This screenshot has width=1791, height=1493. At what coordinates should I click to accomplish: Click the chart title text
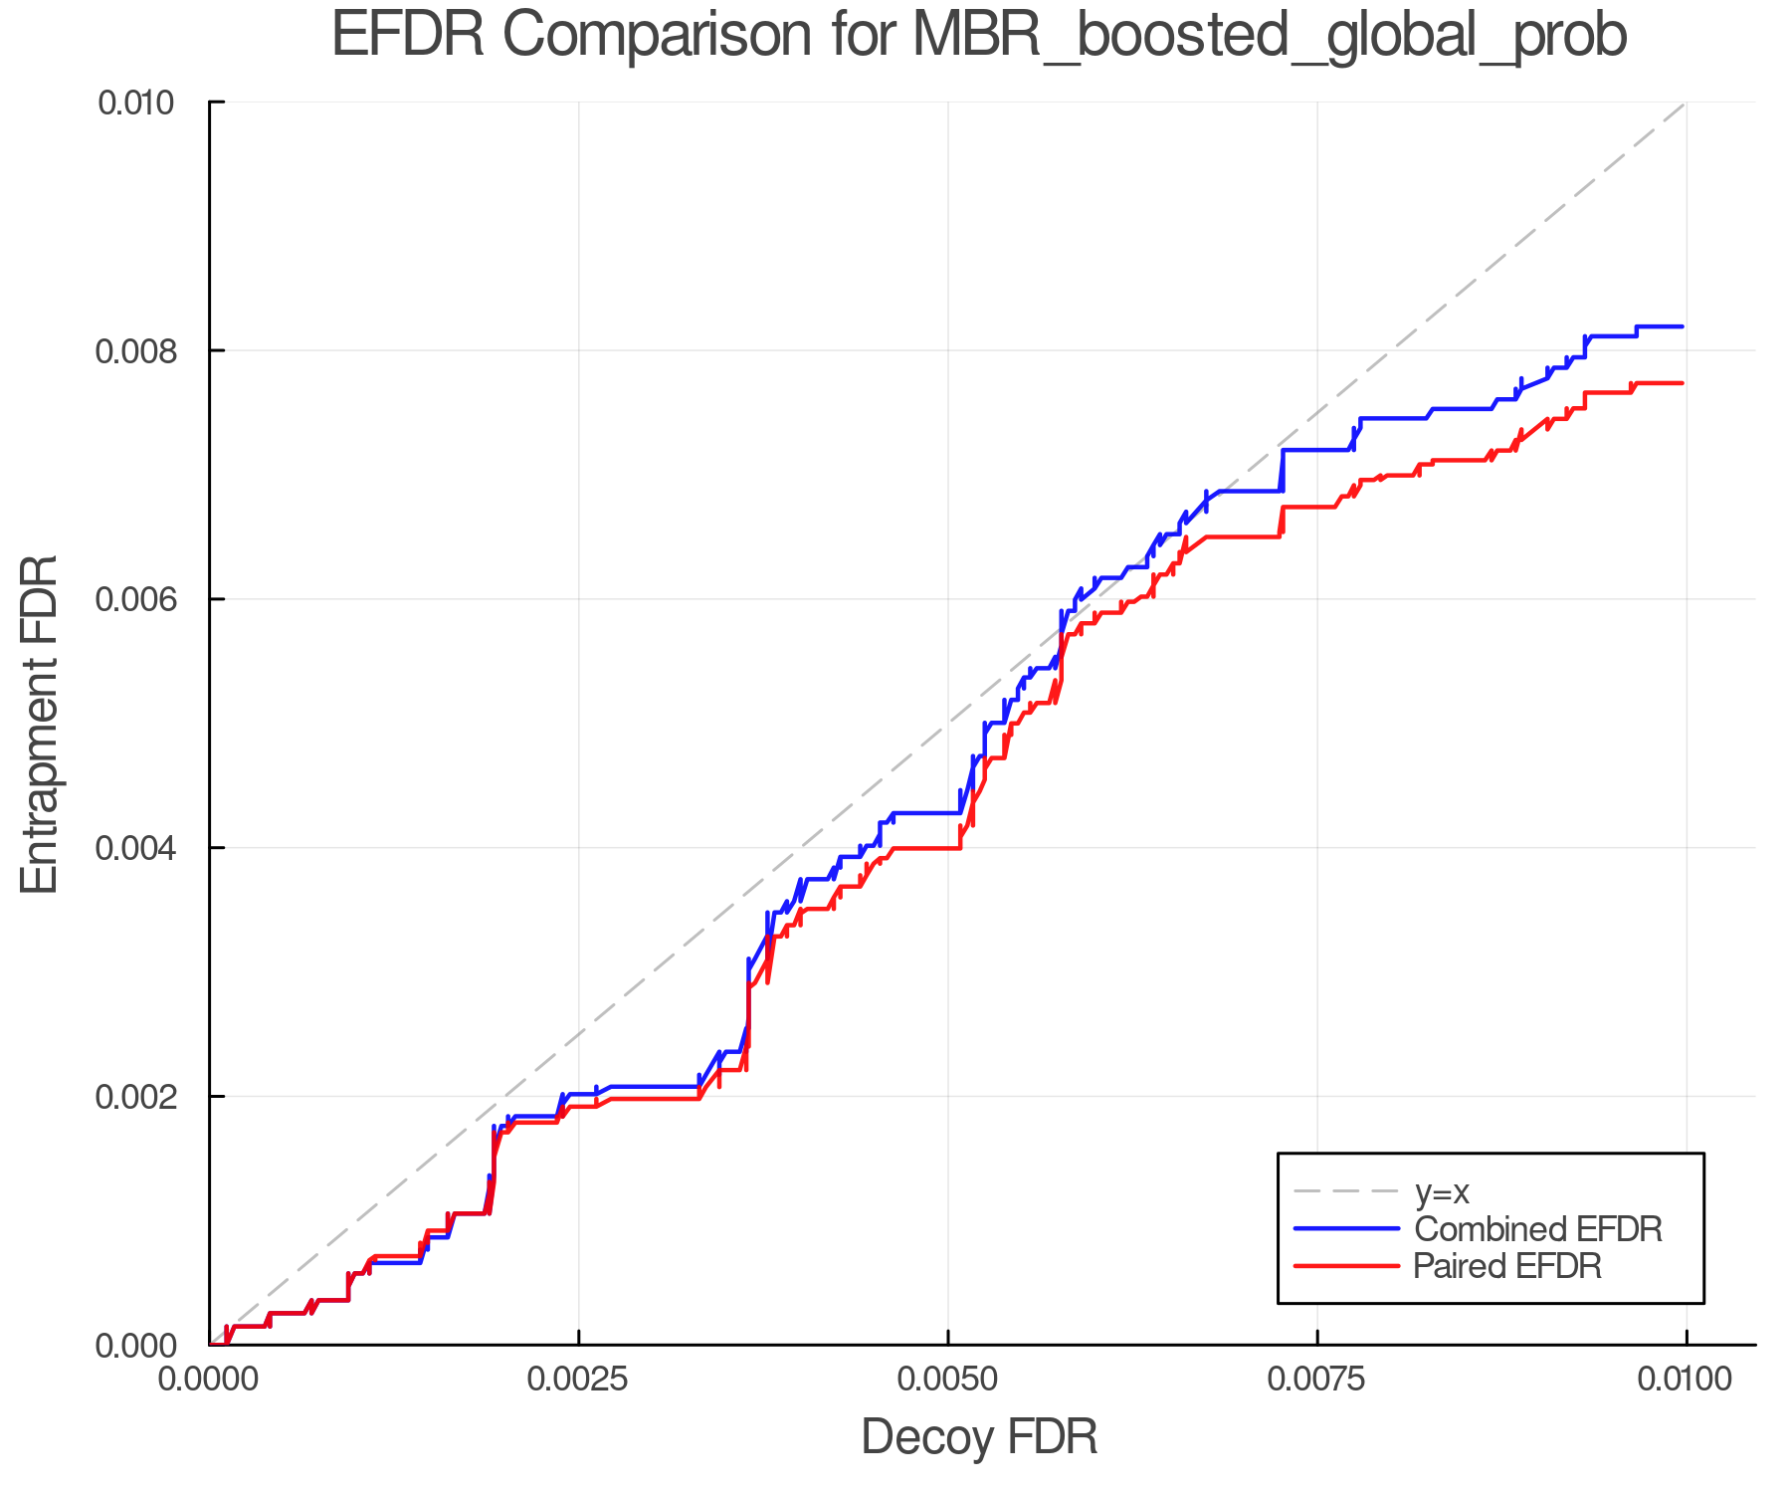pyautogui.click(x=979, y=36)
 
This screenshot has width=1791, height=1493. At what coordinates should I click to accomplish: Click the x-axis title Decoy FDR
pyautogui.click(x=979, y=1436)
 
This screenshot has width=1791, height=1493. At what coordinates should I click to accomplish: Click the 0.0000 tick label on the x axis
pyautogui.click(x=210, y=1380)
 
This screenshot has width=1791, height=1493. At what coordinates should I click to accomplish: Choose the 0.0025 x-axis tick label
pyautogui.click(x=579, y=1380)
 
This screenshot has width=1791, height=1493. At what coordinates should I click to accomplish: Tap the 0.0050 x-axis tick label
pyautogui.click(x=948, y=1380)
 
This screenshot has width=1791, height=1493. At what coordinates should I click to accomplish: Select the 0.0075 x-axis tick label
pyautogui.click(x=1317, y=1380)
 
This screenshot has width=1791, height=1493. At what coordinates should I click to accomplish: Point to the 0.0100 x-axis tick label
pyautogui.click(x=1686, y=1380)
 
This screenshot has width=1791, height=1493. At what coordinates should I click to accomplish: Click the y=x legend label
pyautogui.click(x=1442, y=1191)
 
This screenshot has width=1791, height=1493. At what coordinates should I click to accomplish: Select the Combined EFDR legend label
pyautogui.click(x=1537, y=1229)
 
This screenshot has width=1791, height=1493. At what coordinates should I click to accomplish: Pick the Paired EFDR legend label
pyautogui.click(x=1507, y=1266)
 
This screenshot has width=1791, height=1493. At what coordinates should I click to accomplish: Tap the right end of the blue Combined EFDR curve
pyautogui.click(x=1683, y=326)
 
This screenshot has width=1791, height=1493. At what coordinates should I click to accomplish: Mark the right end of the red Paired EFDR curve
pyautogui.click(x=1683, y=383)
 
